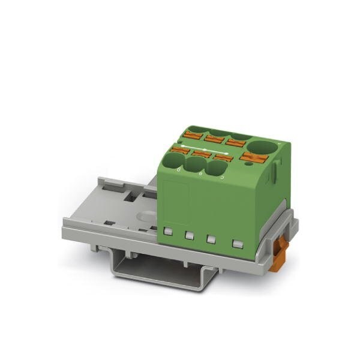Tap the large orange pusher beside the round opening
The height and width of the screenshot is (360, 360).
tap(253, 158)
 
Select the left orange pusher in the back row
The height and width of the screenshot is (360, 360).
tap(194, 131)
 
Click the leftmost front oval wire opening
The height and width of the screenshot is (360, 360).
tap(175, 161)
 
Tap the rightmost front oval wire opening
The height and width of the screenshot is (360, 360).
tap(215, 169)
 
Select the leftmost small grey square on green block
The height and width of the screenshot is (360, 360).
tap(169, 230)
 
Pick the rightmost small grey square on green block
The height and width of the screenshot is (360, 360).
tap(238, 244)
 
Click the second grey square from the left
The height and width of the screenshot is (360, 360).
tap(189, 235)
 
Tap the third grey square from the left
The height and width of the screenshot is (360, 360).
tap(211, 239)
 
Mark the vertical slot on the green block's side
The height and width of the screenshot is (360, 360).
tap(272, 174)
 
